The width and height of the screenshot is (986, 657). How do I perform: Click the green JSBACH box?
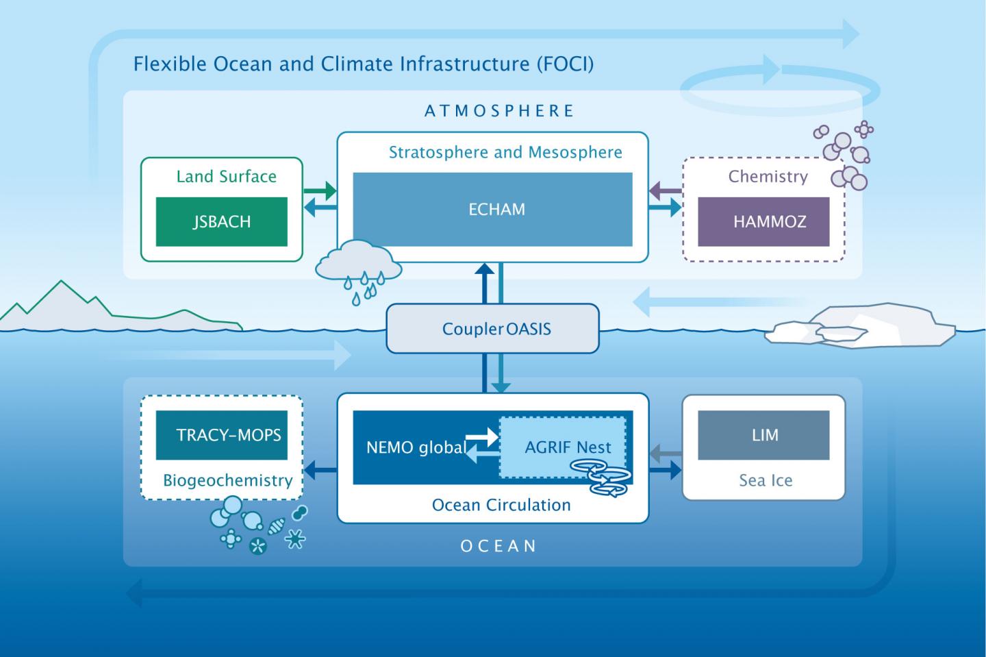pyautogui.click(x=221, y=221)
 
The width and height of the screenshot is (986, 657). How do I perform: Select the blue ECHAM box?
pyautogui.click(x=492, y=209)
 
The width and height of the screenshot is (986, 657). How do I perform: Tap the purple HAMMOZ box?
pyautogui.click(x=763, y=221)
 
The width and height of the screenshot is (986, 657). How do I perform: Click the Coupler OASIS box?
pyautogui.click(x=492, y=329)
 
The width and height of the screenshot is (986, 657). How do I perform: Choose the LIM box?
pyautogui.click(x=763, y=435)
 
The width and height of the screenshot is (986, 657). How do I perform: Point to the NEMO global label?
pyautogui.click(x=416, y=448)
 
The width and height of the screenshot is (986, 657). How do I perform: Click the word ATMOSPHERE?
pyautogui.click(x=499, y=111)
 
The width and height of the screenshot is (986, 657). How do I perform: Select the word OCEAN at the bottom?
pyautogui.click(x=498, y=546)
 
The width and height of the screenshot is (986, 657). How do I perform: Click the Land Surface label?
pyautogui.click(x=226, y=176)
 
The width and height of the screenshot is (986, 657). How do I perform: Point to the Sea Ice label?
pyautogui.click(x=765, y=480)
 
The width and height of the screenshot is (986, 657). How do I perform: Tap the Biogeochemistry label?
pyautogui.click(x=227, y=480)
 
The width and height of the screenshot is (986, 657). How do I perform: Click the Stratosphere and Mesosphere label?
pyautogui.click(x=505, y=152)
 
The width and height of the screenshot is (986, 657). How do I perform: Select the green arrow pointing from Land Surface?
pyautogui.click(x=319, y=188)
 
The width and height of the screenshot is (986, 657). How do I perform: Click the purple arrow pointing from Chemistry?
pyautogui.click(x=665, y=189)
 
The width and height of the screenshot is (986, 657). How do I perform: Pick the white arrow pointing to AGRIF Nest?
pyautogui.click(x=481, y=434)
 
